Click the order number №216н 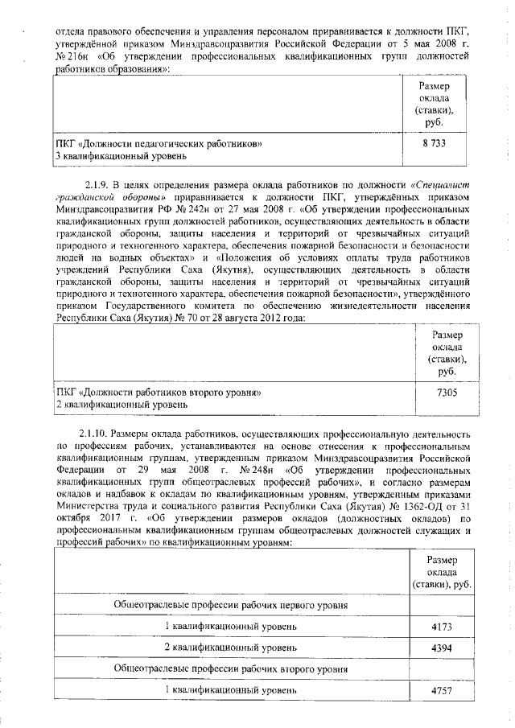coord(71,58)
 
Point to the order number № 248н coord(252,468)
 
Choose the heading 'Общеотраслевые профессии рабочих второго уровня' coord(231,668)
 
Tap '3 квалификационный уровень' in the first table coord(121,154)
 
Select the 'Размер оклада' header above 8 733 coord(434,103)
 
